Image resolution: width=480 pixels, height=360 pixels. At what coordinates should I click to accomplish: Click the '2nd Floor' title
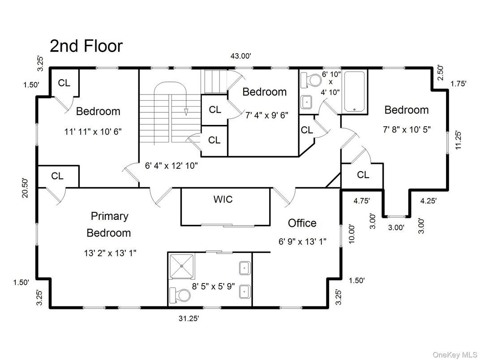(x=86, y=46)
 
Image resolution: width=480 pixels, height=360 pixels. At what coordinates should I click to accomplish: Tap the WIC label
(x=223, y=199)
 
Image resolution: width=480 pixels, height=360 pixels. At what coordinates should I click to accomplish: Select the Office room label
(x=302, y=223)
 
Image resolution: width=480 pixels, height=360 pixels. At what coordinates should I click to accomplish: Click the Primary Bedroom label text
(x=109, y=224)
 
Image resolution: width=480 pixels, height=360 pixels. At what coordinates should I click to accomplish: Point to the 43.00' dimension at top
(x=241, y=56)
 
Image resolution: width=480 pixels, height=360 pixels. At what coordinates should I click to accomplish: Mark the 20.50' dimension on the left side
(x=26, y=188)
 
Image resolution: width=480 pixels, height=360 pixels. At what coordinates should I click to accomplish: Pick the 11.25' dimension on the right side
(x=458, y=140)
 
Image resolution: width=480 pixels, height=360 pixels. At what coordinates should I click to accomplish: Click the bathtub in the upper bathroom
(x=355, y=90)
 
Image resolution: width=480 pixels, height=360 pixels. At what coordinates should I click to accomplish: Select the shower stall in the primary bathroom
(x=182, y=266)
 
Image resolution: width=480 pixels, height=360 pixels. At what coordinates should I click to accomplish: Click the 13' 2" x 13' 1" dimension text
(x=110, y=253)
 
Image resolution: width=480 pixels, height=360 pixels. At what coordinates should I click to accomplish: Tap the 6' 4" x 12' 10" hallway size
(x=171, y=165)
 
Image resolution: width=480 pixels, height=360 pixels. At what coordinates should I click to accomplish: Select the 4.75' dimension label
(x=362, y=201)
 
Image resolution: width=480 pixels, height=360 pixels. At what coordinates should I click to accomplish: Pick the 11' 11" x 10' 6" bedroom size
(x=93, y=132)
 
